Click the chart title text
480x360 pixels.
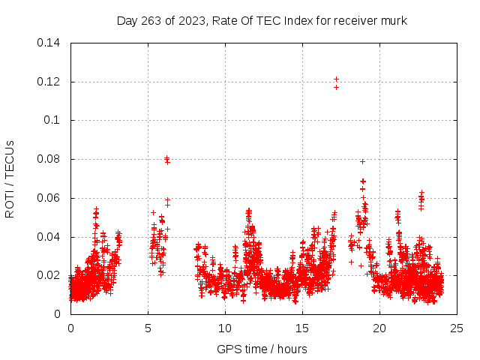point(262,21)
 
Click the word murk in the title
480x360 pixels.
point(394,21)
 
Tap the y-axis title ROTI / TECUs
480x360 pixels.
point(10,178)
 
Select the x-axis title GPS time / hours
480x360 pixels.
point(262,349)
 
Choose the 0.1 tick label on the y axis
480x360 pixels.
point(54,120)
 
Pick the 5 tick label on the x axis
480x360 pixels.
point(148,328)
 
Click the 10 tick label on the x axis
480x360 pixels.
point(225,328)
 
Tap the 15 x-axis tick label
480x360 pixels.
point(302,328)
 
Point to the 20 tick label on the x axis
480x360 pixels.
point(379,328)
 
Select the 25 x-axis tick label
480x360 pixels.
point(457,328)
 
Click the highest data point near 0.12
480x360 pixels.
point(336,79)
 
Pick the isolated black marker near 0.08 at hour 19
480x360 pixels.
point(362,161)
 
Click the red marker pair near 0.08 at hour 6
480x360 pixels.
point(166,159)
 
